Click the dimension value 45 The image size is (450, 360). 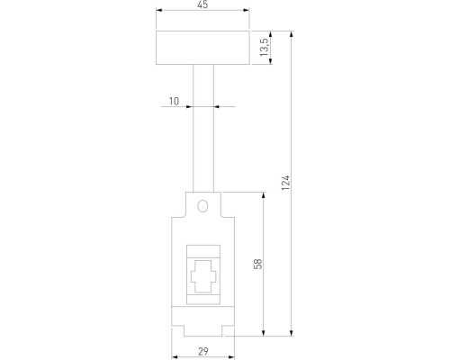pyautogui.click(x=202, y=4)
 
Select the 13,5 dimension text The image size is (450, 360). pyautogui.click(x=264, y=47)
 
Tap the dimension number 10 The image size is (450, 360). pyautogui.click(x=174, y=101)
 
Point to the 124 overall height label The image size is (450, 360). pyautogui.click(x=285, y=183)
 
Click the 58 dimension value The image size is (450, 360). pyautogui.click(x=258, y=264)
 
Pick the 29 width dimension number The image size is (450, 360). pyautogui.click(x=203, y=351)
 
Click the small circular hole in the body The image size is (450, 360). pyautogui.click(x=202, y=206)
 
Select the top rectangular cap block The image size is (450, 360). pyautogui.click(x=202, y=48)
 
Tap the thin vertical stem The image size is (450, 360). pyautogui.click(x=203, y=128)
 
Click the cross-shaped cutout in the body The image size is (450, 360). pyautogui.click(x=203, y=276)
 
